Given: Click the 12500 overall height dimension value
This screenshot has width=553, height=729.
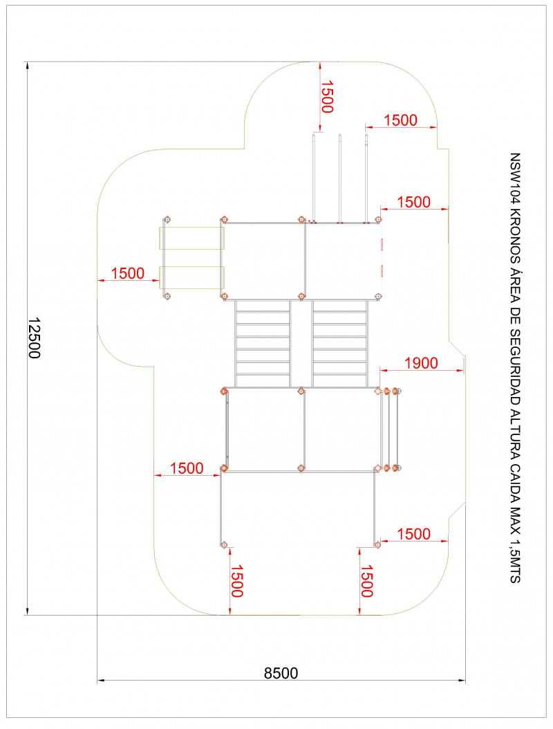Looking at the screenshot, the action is tap(35, 338).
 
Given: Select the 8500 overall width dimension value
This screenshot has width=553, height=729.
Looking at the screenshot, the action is tap(281, 673).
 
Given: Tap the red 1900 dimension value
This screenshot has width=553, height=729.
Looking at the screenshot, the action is tap(421, 363).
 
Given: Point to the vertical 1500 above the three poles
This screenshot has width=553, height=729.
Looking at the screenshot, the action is tap(327, 97).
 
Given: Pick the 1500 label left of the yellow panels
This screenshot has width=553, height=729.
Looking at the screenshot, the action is tap(128, 273).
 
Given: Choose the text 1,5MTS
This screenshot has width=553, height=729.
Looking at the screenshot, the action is tap(515, 561).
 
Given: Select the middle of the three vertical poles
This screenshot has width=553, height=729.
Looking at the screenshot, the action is tap(339, 178).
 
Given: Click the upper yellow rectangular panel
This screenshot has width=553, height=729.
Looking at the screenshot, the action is tap(192, 238).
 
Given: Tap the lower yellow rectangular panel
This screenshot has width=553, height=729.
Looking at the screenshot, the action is tap(192, 277).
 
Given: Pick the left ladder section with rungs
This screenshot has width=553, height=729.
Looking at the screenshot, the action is tap(263, 344).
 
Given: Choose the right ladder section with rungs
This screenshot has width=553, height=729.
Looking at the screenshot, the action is tap(339, 344).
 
